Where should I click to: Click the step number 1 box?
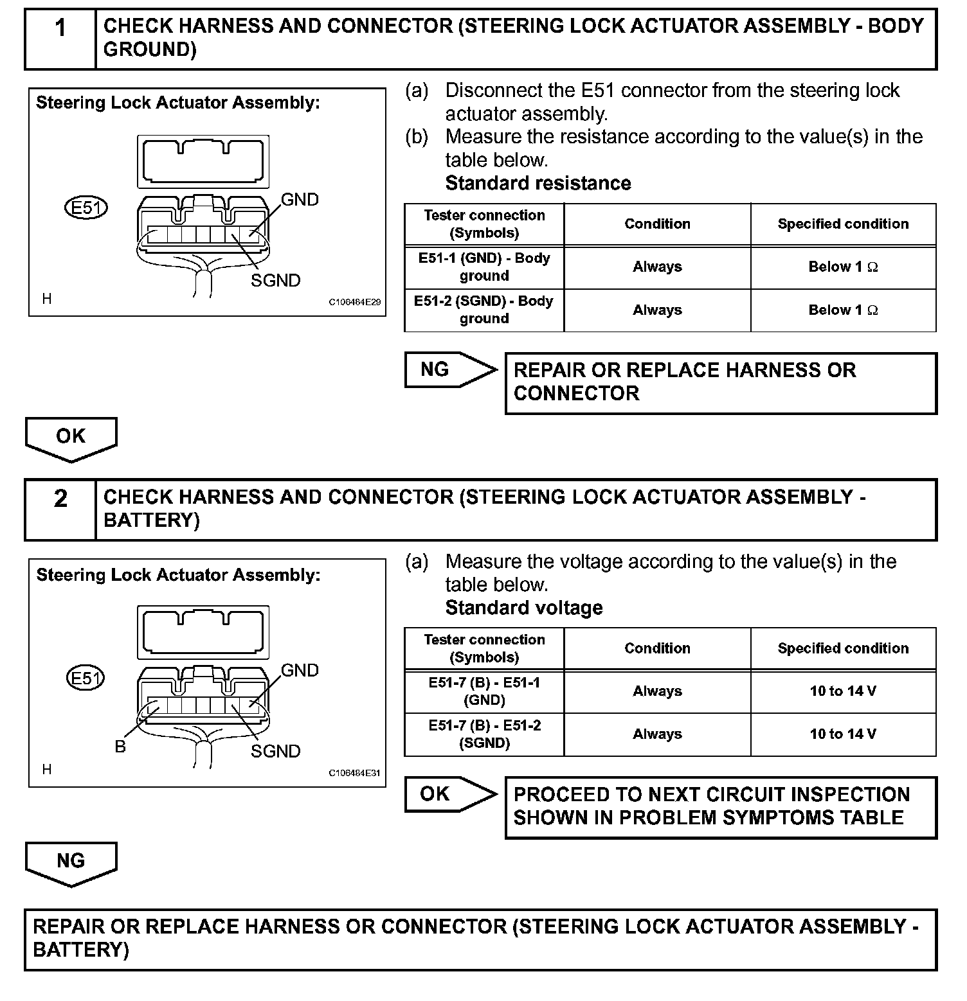(x=60, y=39)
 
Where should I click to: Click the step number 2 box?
(x=60, y=509)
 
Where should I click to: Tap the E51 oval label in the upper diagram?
(x=86, y=208)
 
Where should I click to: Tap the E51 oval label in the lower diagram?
(x=86, y=678)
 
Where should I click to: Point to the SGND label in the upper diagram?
(x=275, y=281)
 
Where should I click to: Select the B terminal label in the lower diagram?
(x=120, y=747)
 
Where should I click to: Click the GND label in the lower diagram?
(x=300, y=671)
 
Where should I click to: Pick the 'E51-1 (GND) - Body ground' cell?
(x=484, y=267)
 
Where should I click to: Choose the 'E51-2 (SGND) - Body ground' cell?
(x=484, y=310)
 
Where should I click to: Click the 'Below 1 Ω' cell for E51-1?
(x=843, y=267)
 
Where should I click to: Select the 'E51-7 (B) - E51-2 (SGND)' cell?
(x=484, y=734)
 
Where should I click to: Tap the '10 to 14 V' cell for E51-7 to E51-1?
(x=843, y=691)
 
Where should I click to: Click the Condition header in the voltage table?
(x=657, y=648)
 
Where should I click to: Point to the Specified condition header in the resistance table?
(x=843, y=224)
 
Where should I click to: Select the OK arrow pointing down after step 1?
(x=71, y=438)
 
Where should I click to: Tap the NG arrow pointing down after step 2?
(x=71, y=862)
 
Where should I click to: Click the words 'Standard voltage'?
(x=524, y=608)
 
